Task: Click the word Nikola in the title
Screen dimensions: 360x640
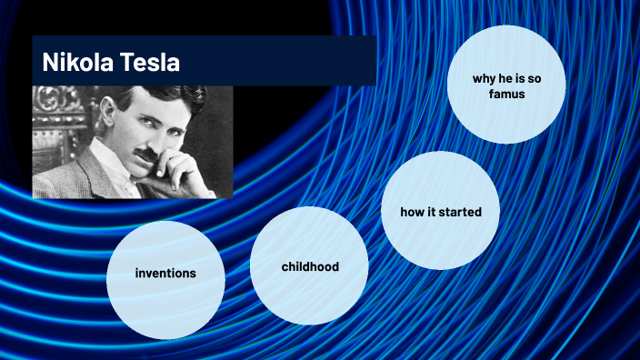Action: click(x=77, y=63)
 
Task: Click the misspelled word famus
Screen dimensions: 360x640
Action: click(x=506, y=94)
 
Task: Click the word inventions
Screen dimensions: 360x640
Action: click(x=165, y=273)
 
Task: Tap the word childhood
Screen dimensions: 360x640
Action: click(x=309, y=266)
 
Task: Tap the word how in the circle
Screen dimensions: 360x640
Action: click(x=413, y=212)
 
